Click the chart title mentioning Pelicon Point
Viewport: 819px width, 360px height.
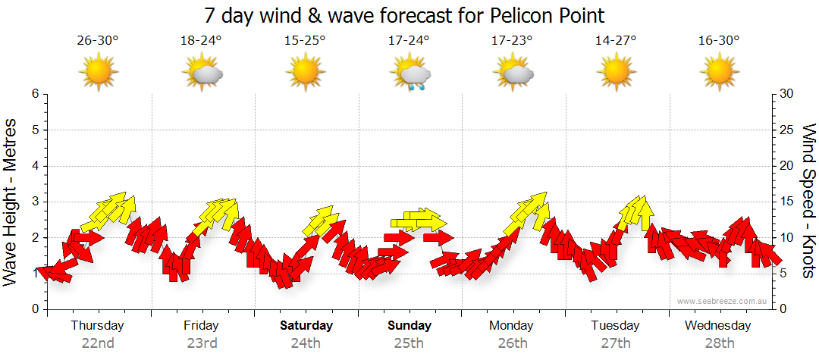click(405, 16)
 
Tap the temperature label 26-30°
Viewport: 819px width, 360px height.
click(98, 41)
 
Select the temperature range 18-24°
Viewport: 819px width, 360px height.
click(201, 41)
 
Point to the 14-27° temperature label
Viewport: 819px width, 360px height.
click(615, 41)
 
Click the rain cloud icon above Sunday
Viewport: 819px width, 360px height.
click(411, 74)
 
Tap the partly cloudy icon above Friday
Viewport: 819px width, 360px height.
click(202, 74)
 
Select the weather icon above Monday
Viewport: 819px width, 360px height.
click(513, 74)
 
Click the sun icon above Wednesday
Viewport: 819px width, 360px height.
click(719, 73)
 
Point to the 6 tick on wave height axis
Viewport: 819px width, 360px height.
click(34, 94)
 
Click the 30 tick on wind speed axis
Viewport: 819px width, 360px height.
click(787, 94)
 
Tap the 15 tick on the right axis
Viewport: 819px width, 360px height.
click(787, 202)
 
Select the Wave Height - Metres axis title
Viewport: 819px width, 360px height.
click(11, 202)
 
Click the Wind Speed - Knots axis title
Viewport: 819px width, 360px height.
click(808, 202)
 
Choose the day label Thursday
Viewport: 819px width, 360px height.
click(97, 326)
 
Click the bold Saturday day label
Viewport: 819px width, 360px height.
click(306, 326)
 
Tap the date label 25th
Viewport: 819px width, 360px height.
click(409, 343)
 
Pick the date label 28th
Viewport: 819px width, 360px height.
click(718, 343)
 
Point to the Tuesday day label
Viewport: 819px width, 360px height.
click(615, 326)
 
